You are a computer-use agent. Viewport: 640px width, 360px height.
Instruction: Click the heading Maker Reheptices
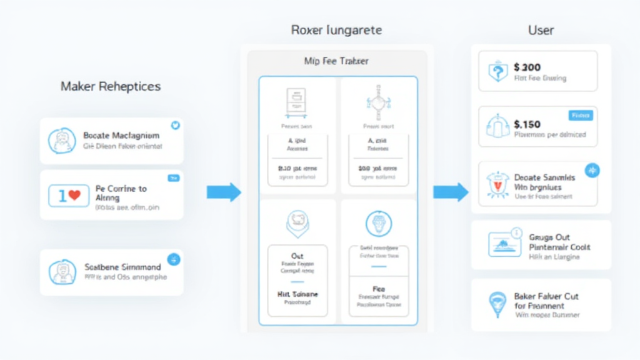tap(111, 86)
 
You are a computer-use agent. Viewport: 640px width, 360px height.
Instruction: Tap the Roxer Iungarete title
tap(336, 30)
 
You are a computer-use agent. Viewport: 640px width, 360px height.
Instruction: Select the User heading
tap(541, 30)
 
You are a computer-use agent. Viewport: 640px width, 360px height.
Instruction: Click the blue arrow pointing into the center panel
tap(223, 192)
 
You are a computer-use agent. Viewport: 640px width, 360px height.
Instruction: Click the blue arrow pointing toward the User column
tap(451, 192)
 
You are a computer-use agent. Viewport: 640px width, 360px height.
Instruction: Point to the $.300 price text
tap(527, 67)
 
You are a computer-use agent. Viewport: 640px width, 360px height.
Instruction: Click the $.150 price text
tap(527, 124)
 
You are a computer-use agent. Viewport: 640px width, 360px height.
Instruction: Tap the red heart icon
tap(74, 196)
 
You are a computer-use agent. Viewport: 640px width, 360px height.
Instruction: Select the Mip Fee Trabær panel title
tap(336, 61)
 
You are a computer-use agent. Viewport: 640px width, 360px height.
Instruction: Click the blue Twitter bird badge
tap(175, 126)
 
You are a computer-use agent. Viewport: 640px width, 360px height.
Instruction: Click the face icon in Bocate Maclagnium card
tap(62, 141)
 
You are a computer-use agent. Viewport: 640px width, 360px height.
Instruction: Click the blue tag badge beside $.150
tap(581, 116)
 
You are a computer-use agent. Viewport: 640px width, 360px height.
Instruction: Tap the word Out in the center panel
tap(297, 256)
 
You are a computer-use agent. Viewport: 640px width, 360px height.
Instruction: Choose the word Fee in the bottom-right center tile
tap(378, 289)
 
